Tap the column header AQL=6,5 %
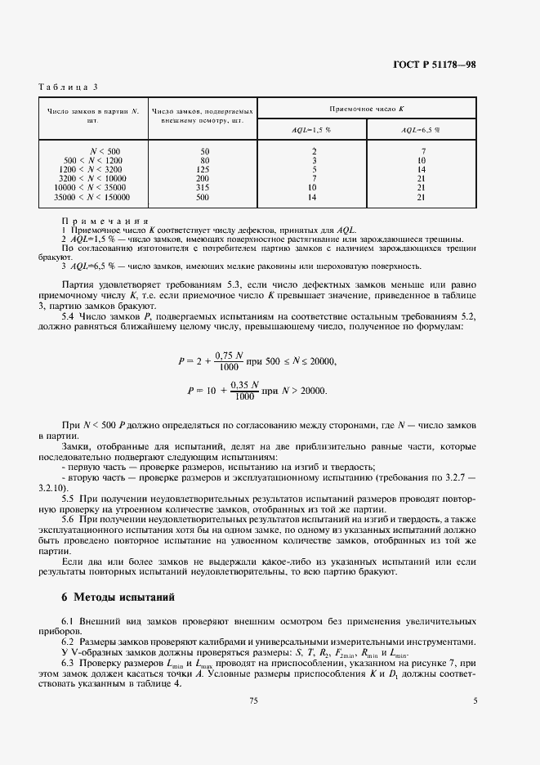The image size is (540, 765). tap(421, 130)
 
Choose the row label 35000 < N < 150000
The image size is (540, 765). tap(91, 198)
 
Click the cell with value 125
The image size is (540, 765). tap(204, 170)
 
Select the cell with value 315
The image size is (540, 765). tap(204, 188)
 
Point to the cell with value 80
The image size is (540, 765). tap(204, 160)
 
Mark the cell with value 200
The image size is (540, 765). tap(204, 179)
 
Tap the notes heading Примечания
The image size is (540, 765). tap(104, 221)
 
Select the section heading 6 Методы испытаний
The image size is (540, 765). tap(118, 597)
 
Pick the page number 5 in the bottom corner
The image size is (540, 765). tap(475, 700)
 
